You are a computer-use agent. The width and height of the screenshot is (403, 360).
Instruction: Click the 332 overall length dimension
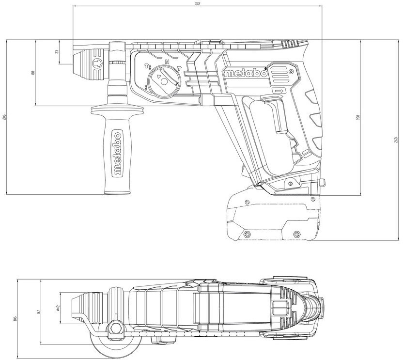pyautogui.click(x=198, y=3)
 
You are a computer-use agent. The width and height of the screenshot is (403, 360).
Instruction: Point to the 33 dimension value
pyautogui.click(x=57, y=51)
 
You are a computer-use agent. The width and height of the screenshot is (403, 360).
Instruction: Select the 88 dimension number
pyautogui.click(x=32, y=73)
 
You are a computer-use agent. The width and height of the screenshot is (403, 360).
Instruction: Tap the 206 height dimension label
pyautogui.click(x=4, y=117)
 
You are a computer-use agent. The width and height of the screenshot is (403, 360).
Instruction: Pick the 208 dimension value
pyautogui.click(x=358, y=118)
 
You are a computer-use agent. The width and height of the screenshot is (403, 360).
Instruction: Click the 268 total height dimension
pyautogui.click(x=396, y=140)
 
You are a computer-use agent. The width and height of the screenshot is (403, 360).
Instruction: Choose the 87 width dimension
pyautogui.click(x=39, y=312)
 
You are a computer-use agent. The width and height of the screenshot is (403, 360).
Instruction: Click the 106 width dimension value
pyautogui.click(x=15, y=318)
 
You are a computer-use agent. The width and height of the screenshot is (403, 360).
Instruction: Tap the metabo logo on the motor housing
pyautogui.click(x=246, y=73)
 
